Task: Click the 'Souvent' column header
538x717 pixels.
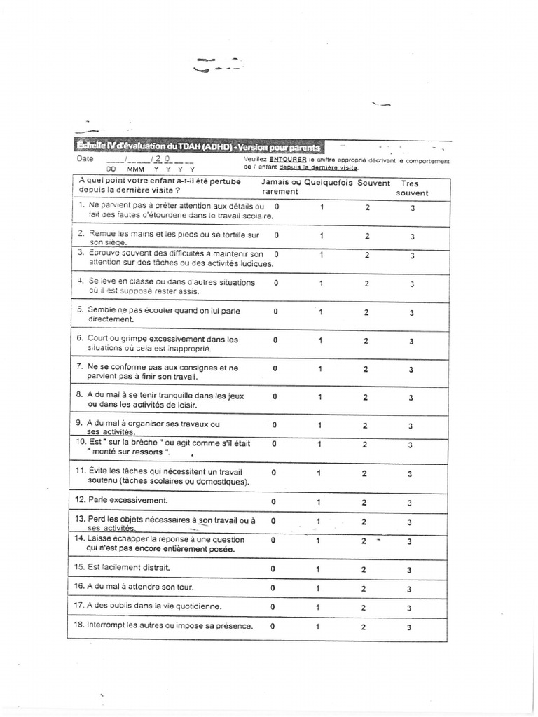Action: pyautogui.click(x=373, y=183)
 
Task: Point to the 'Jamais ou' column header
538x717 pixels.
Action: pyautogui.click(x=280, y=183)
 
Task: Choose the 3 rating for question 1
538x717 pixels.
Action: pyautogui.click(x=413, y=209)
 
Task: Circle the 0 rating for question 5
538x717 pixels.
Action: pyautogui.click(x=275, y=312)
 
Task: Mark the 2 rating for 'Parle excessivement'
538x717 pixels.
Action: pyautogui.click(x=364, y=503)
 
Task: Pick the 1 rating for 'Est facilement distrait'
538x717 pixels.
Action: pyautogui.click(x=318, y=569)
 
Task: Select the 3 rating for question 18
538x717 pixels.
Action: pyautogui.click(x=410, y=627)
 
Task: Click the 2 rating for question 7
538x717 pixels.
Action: pyautogui.click(x=365, y=368)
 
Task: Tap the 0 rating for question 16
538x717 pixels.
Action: pyautogui.click(x=273, y=588)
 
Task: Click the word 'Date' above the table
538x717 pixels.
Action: pyautogui.click(x=85, y=159)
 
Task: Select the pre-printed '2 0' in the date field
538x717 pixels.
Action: pyautogui.click(x=164, y=159)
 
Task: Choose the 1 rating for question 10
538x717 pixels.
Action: pyautogui.click(x=319, y=444)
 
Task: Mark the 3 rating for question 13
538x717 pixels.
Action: pyautogui.click(x=410, y=522)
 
